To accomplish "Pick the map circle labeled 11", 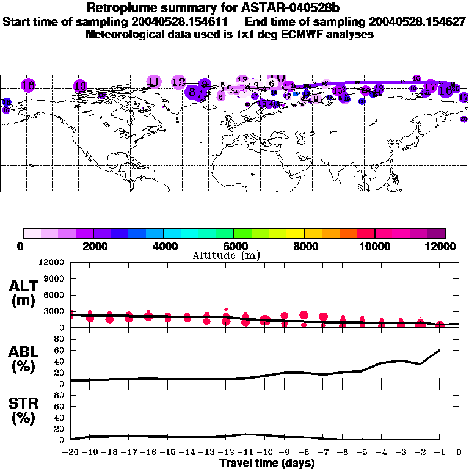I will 154,81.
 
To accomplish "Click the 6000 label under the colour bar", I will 234,246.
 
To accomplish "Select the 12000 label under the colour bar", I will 444,246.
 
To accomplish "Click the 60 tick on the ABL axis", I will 59,350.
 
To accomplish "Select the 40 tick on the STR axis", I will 59,418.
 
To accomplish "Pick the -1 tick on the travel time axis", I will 440,453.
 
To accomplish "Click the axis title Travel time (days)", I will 267,463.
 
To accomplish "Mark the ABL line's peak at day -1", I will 440,350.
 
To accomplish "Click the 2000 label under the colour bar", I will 93,246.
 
